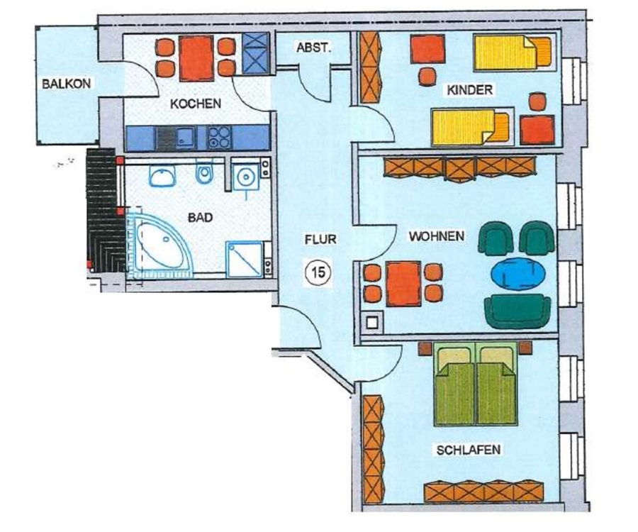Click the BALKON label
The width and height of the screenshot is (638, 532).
coord(67,84)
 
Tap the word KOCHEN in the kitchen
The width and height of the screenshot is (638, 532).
coord(196,104)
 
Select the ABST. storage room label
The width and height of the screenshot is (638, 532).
coord(314,48)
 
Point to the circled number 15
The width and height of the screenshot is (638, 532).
coord(318,272)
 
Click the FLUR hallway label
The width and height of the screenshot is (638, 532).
coord(320,239)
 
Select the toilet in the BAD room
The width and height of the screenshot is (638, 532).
coord(204,173)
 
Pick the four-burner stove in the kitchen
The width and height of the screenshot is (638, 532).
coord(219,137)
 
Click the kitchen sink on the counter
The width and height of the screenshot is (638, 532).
coord(184,137)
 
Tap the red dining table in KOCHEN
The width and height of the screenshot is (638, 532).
coord(196,59)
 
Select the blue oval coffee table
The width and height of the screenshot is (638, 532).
coord(518,274)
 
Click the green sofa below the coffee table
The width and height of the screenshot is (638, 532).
coord(517,310)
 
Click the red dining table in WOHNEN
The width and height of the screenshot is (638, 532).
coord(403,283)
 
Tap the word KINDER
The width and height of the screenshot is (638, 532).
coord(469,89)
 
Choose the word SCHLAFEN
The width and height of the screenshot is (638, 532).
coord(469,450)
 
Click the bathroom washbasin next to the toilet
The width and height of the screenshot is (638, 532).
coord(162,176)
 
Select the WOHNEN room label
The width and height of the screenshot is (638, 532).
coord(437,236)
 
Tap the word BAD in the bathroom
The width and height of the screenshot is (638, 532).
coord(200,217)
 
